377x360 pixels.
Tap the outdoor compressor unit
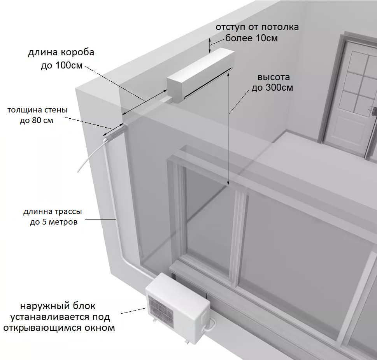pyautogui.click(x=178, y=309)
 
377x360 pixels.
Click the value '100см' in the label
pyautogui.click(x=69, y=65)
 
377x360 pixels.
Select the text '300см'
pyautogui.click(x=279, y=88)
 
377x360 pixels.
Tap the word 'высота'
pyautogui.click(x=274, y=77)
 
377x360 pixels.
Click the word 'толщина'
pyautogui.click(x=22, y=110)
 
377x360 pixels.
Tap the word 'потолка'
pyautogui.click(x=280, y=27)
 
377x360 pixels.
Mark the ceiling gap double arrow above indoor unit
pyautogui.click(x=210, y=45)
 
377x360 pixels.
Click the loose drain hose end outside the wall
pyautogui.click(x=78, y=171)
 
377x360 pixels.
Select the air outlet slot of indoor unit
pyautogui.click(x=208, y=83)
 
